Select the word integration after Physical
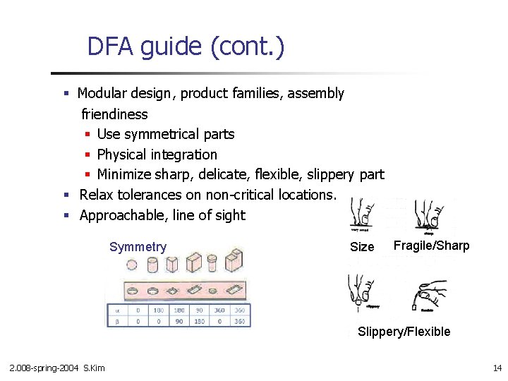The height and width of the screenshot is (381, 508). [183, 155]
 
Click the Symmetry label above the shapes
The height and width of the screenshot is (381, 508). [138, 247]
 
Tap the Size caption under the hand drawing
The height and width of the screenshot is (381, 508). [362, 247]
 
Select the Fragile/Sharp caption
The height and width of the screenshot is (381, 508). [431, 246]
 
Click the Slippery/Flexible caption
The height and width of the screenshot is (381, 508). [404, 332]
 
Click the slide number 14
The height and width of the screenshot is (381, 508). [497, 368]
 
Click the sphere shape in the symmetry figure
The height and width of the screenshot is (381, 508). [132, 265]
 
